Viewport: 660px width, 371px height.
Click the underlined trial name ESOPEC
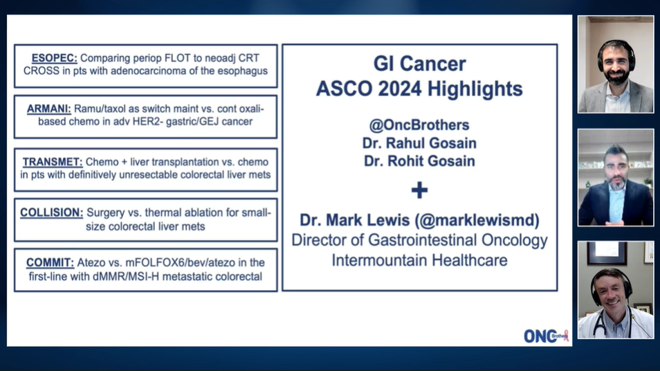click(54, 59)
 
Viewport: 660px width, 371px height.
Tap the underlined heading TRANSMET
click(53, 162)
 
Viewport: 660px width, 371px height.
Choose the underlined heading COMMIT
click(50, 263)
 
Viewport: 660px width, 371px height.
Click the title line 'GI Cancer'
click(419, 64)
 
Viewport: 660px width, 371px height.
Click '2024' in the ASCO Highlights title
click(402, 89)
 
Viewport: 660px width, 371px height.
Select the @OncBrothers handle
click(419, 125)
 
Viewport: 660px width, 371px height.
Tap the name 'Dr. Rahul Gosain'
click(419, 143)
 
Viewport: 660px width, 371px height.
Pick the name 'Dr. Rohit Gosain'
click(419, 161)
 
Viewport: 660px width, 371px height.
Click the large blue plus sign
click(419, 190)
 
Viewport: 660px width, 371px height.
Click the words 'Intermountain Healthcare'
click(419, 260)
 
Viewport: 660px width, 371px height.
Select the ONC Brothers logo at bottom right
click(545, 336)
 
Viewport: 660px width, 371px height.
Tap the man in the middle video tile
click(615, 187)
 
